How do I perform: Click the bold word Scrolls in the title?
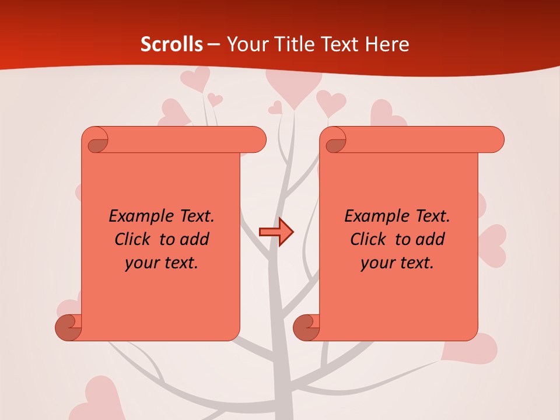pos(171,44)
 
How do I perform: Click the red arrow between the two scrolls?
pos(276,232)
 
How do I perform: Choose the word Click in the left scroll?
pos(127,239)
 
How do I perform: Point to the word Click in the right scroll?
pos(363,239)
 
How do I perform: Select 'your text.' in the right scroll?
pos(397,262)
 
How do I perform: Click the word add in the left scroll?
pos(195,239)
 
